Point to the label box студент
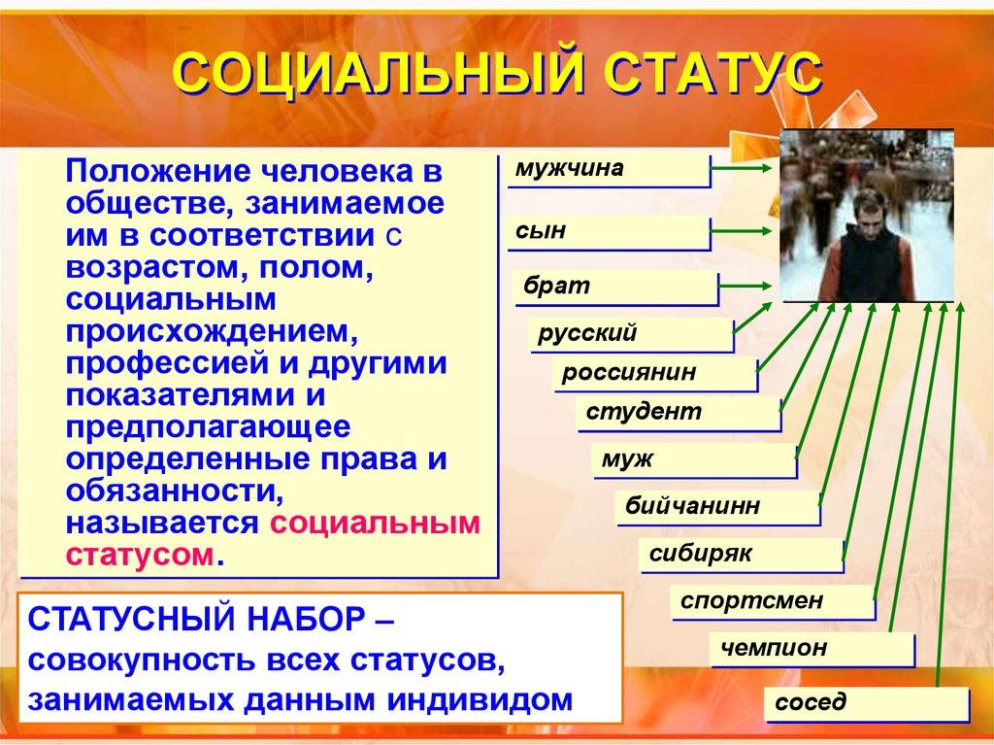(676, 413)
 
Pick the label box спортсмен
(771, 601)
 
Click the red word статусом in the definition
(140, 555)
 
